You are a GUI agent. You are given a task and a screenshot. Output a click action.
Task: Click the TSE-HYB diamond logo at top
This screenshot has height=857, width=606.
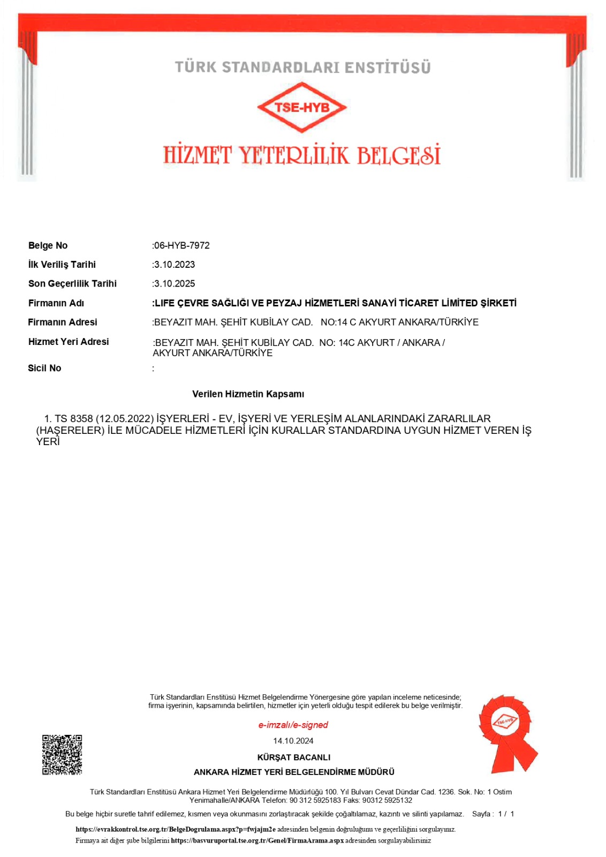(302, 107)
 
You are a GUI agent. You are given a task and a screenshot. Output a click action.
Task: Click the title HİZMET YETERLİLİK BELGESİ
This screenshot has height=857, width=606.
(302, 155)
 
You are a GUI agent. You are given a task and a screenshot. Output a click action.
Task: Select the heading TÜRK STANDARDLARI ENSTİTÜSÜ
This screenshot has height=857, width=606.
(302, 67)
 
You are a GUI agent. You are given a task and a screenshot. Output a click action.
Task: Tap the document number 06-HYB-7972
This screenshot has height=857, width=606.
(181, 245)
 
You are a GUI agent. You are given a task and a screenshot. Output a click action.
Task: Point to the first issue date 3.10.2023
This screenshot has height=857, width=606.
(175, 265)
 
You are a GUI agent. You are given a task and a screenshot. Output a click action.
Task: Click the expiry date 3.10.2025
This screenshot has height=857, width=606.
(175, 284)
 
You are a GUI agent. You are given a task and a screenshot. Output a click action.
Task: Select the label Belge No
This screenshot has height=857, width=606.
(48, 245)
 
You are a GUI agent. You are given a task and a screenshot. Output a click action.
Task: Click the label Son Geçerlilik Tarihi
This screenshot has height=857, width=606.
(72, 284)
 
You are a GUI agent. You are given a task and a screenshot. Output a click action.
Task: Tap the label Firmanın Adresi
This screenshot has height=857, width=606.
(63, 322)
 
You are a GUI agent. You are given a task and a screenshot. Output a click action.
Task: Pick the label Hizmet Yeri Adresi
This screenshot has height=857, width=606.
(69, 342)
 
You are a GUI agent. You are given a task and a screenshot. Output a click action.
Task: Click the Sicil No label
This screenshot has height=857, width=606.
(44, 368)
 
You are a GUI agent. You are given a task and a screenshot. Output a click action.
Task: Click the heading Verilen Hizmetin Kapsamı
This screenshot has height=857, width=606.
(248, 394)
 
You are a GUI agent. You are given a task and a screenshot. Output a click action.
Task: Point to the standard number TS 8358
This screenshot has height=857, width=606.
(74, 418)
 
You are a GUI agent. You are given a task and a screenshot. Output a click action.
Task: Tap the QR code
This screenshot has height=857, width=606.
(62, 755)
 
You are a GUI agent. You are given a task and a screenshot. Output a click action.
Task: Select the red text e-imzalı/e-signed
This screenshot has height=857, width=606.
(293, 725)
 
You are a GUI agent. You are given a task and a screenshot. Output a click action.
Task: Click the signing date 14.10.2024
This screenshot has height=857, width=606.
(293, 741)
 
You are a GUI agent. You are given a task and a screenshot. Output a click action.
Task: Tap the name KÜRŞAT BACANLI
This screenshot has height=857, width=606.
(294, 757)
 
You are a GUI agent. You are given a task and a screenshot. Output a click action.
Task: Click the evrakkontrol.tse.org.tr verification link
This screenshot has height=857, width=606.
(176, 829)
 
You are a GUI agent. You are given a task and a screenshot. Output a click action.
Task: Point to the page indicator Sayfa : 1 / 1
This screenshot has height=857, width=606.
(493, 814)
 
